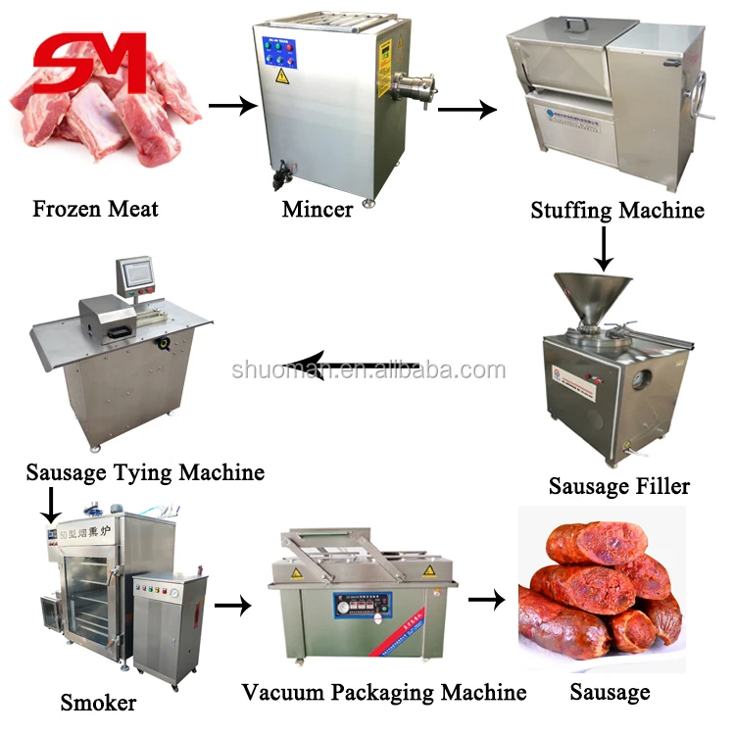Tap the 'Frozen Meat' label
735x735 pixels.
coord(95,208)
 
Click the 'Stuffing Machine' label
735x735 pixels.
coord(616,210)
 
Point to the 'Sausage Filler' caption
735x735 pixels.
coord(618,486)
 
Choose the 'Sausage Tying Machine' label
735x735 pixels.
coord(145,472)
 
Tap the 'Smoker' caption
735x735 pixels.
coord(98,702)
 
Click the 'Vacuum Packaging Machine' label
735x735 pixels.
coord(384,693)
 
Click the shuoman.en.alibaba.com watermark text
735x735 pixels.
coord(368,370)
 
